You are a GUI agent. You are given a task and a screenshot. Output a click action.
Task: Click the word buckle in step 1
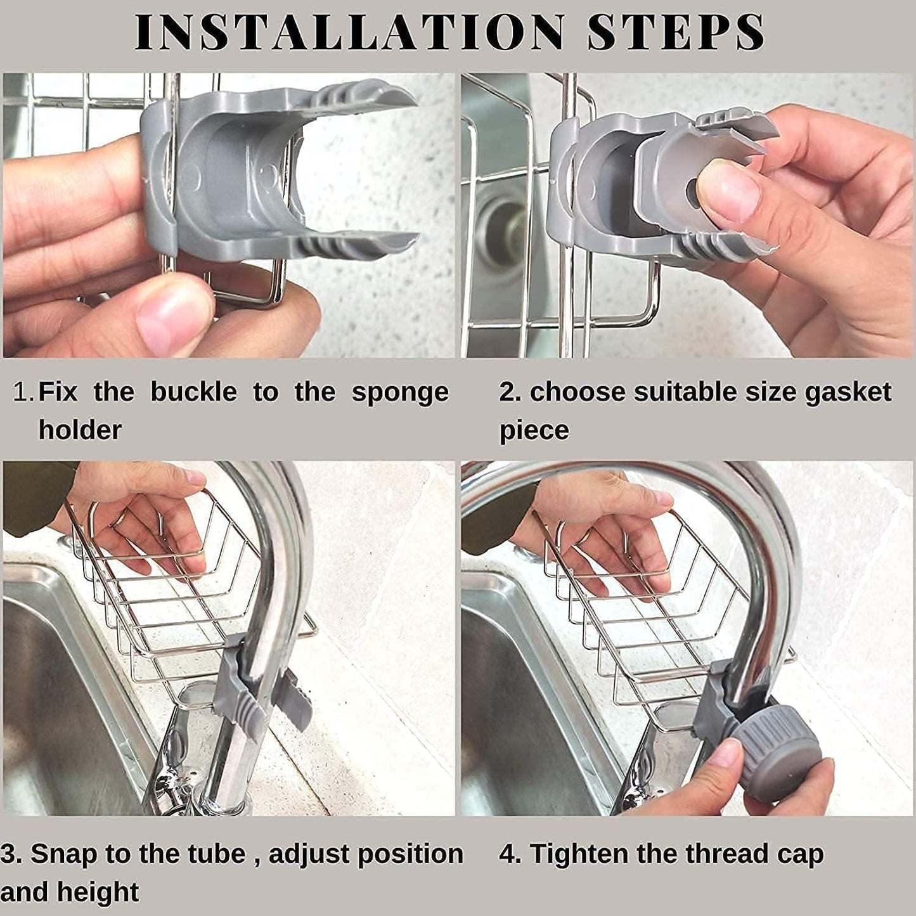193,392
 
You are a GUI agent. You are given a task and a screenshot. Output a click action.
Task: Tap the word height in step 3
98,892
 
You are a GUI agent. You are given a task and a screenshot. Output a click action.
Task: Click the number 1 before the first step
22,392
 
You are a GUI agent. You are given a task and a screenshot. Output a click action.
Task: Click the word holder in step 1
80,430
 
